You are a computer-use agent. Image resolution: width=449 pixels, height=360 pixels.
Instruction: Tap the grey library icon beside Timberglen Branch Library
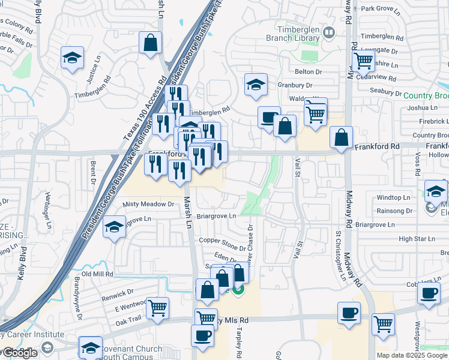(328, 32)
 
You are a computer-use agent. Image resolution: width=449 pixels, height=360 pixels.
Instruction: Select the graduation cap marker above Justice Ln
(72, 58)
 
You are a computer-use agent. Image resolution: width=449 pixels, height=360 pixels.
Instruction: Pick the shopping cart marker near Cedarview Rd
(363, 60)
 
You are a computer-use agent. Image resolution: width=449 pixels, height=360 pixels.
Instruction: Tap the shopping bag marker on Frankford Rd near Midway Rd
(342, 137)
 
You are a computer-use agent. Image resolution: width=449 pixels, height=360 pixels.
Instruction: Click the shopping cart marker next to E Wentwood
(157, 308)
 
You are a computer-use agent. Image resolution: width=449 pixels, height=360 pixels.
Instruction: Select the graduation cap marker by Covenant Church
(91, 347)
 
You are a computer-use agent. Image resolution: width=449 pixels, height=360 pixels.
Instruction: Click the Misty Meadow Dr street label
(148, 204)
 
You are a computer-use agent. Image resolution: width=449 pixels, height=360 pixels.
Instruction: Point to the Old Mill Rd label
(97, 274)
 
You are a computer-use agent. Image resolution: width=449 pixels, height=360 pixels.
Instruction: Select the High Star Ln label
(416, 238)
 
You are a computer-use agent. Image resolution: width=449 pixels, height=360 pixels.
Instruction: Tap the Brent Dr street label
(93, 170)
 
